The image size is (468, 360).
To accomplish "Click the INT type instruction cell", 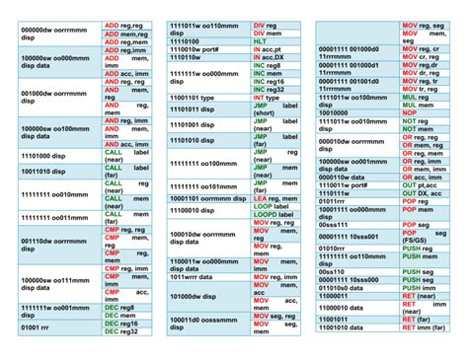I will click(x=273, y=99).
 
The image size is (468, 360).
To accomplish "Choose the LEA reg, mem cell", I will click(x=273, y=198).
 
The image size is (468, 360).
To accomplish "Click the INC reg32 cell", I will click(x=273, y=88).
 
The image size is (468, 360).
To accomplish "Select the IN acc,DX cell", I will click(x=273, y=57).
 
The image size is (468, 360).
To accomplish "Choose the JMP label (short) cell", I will click(x=273, y=109).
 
